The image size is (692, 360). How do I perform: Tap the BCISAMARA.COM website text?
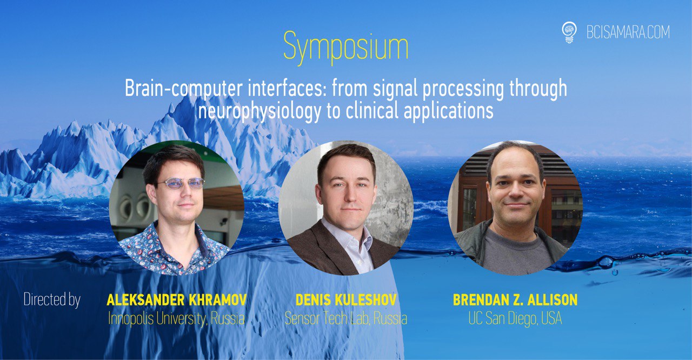tap(628, 32)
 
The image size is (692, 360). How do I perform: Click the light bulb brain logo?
tap(569, 32)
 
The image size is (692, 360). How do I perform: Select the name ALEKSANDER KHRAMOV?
tap(176, 300)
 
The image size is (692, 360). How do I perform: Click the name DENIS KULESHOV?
tap(346, 300)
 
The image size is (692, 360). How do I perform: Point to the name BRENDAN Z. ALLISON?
tap(515, 300)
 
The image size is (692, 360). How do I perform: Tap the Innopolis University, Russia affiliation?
tap(176, 318)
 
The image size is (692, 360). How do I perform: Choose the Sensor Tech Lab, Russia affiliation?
tap(346, 318)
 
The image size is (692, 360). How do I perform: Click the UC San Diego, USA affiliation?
tap(515, 318)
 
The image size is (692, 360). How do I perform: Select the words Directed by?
tap(52, 299)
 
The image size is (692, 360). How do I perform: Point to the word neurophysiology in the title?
tap(259, 112)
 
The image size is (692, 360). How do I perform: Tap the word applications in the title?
tap(449, 112)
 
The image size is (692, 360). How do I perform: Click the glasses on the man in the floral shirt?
tap(181, 184)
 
